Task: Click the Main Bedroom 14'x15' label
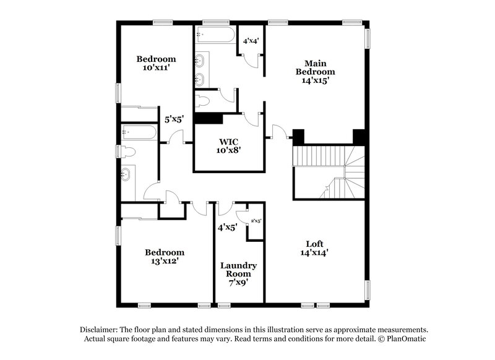click(319, 72)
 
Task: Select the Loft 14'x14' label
click(314, 247)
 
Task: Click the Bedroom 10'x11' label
click(156, 64)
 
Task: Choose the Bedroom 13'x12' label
click(165, 256)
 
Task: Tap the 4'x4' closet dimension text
click(251, 41)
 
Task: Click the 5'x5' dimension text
click(173, 119)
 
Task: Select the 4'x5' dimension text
click(228, 227)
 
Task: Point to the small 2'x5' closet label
click(256, 221)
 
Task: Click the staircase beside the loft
click(329, 173)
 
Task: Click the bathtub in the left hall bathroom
click(139, 132)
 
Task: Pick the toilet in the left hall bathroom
click(129, 152)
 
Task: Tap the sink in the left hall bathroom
click(127, 174)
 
